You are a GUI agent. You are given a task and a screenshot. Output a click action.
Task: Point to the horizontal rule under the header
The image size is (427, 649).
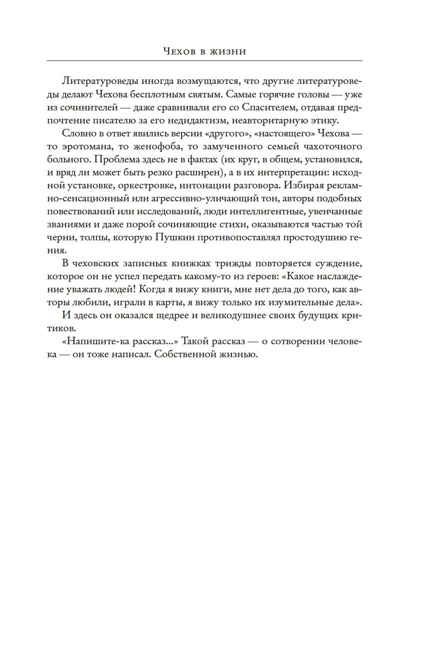205,61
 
